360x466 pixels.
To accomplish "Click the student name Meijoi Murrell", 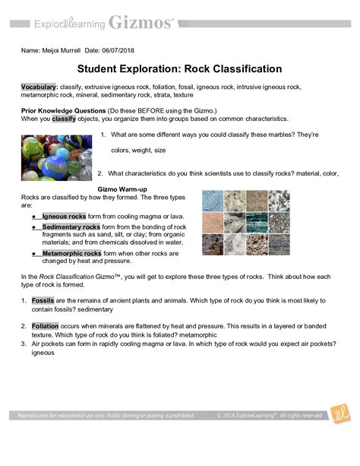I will tap(69, 50).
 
